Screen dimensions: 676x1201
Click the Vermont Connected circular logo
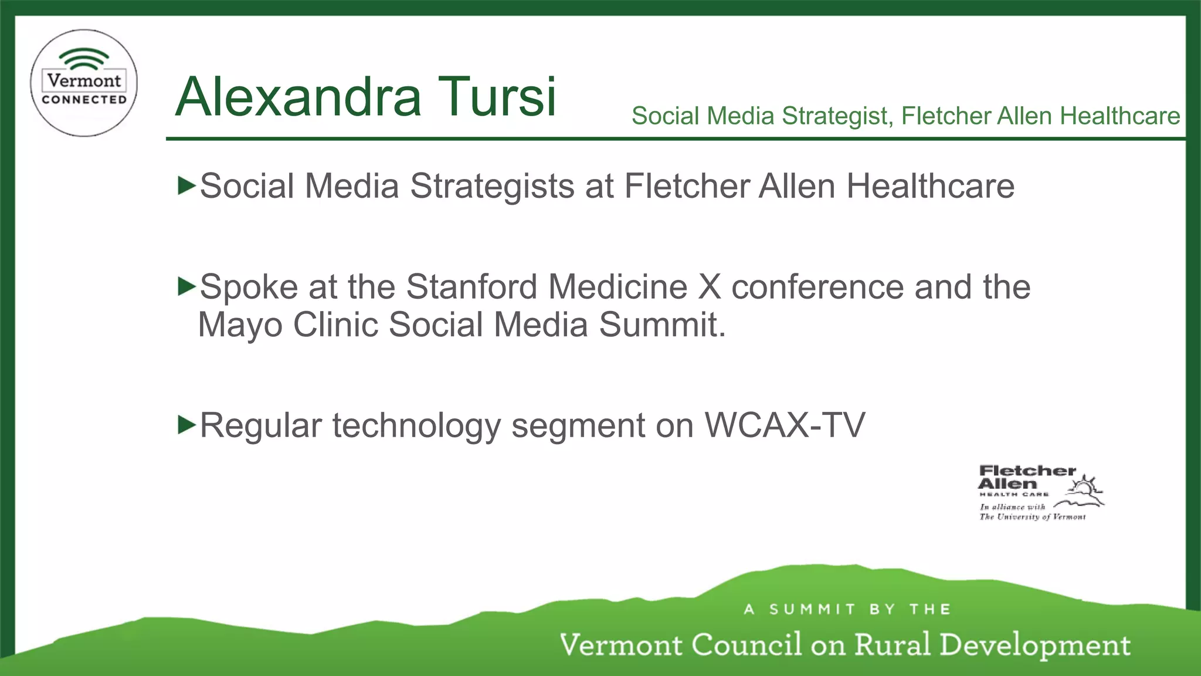(x=84, y=83)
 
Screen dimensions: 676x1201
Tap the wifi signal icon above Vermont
(x=84, y=59)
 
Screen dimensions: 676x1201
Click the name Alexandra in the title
(x=298, y=97)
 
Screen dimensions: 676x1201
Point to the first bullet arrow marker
(x=186, y=185)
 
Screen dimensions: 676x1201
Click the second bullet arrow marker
(x=186, y=286)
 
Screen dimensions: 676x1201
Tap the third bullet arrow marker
(x=186, y=424)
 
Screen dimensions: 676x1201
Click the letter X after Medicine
(x=710, y=287)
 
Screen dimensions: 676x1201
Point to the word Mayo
(x=240, y=325)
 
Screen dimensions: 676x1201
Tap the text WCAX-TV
(x=785, y=425)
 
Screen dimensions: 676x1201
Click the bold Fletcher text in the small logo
(x=1027, y=471)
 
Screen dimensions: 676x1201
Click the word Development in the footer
(x=1035, y=645)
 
